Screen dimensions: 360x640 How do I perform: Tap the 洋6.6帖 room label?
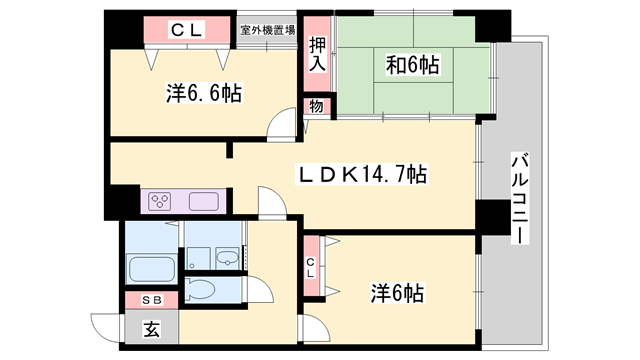coord(203,95)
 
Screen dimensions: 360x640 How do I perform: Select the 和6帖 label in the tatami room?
coord(412,67)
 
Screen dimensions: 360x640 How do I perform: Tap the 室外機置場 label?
coord(267,30)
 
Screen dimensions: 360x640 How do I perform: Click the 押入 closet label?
coord(317,53)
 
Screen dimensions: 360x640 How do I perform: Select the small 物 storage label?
coord(315,107)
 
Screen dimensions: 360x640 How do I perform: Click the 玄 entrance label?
coord(150,327)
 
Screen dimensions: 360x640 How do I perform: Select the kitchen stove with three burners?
coord(161,201)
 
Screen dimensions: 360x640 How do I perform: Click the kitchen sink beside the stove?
coord(203,201)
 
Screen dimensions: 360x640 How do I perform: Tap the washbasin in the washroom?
coord(229,256)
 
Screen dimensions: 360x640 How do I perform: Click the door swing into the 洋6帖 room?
coord(317,328)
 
